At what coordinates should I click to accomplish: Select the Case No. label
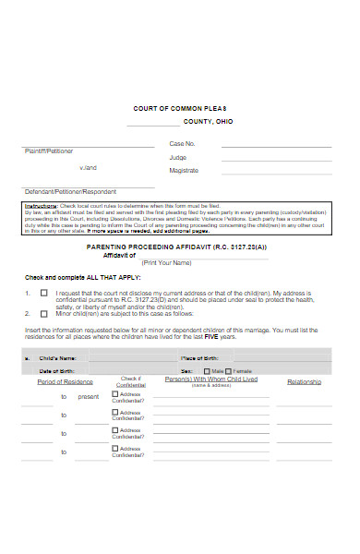183,144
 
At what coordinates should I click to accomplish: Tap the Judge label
177,157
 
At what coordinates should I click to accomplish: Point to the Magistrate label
184,171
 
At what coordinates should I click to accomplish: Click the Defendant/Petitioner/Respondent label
65,190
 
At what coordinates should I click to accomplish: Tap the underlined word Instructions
41,206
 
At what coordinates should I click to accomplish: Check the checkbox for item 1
43,293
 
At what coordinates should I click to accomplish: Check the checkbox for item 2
43,313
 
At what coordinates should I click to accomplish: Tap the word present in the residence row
88,396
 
